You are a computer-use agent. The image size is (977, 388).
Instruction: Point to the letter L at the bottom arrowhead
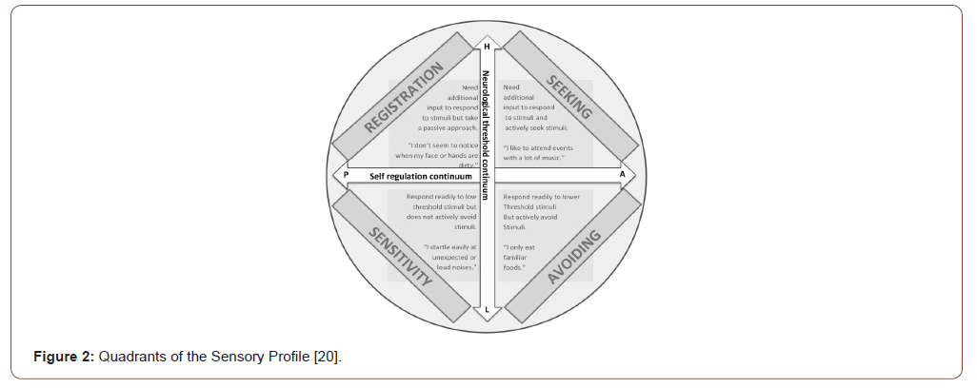[x=487, y=307]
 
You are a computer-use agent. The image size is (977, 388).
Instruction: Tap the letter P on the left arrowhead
[x=346, y=175]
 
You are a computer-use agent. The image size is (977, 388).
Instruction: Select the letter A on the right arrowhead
[x=623, y=175]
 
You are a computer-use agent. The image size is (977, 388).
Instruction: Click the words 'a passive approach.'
[x=448, y=126]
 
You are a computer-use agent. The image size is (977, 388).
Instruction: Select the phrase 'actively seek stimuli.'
[x=536, y=126]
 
